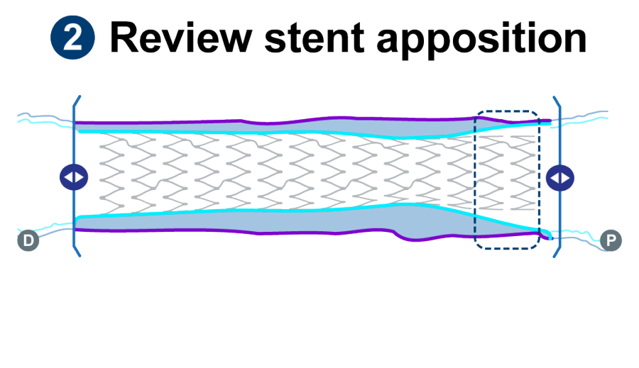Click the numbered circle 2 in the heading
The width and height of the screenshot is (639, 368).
click(x=72, y=36)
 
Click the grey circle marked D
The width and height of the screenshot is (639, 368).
click(x=28, y=240)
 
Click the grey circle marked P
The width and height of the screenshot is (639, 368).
click(x=611, y=240)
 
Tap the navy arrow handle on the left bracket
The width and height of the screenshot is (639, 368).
click(x=73, y=176)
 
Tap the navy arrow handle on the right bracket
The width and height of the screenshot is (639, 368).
click(x=562, y=176)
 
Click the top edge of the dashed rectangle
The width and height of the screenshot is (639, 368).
click(x=507, y=111)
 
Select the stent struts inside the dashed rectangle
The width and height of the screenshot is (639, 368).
click(x=506, y=174)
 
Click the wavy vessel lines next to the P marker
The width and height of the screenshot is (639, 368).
click(x=586, y=234)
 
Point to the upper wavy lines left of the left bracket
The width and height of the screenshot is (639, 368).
click(x=43, y=119)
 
